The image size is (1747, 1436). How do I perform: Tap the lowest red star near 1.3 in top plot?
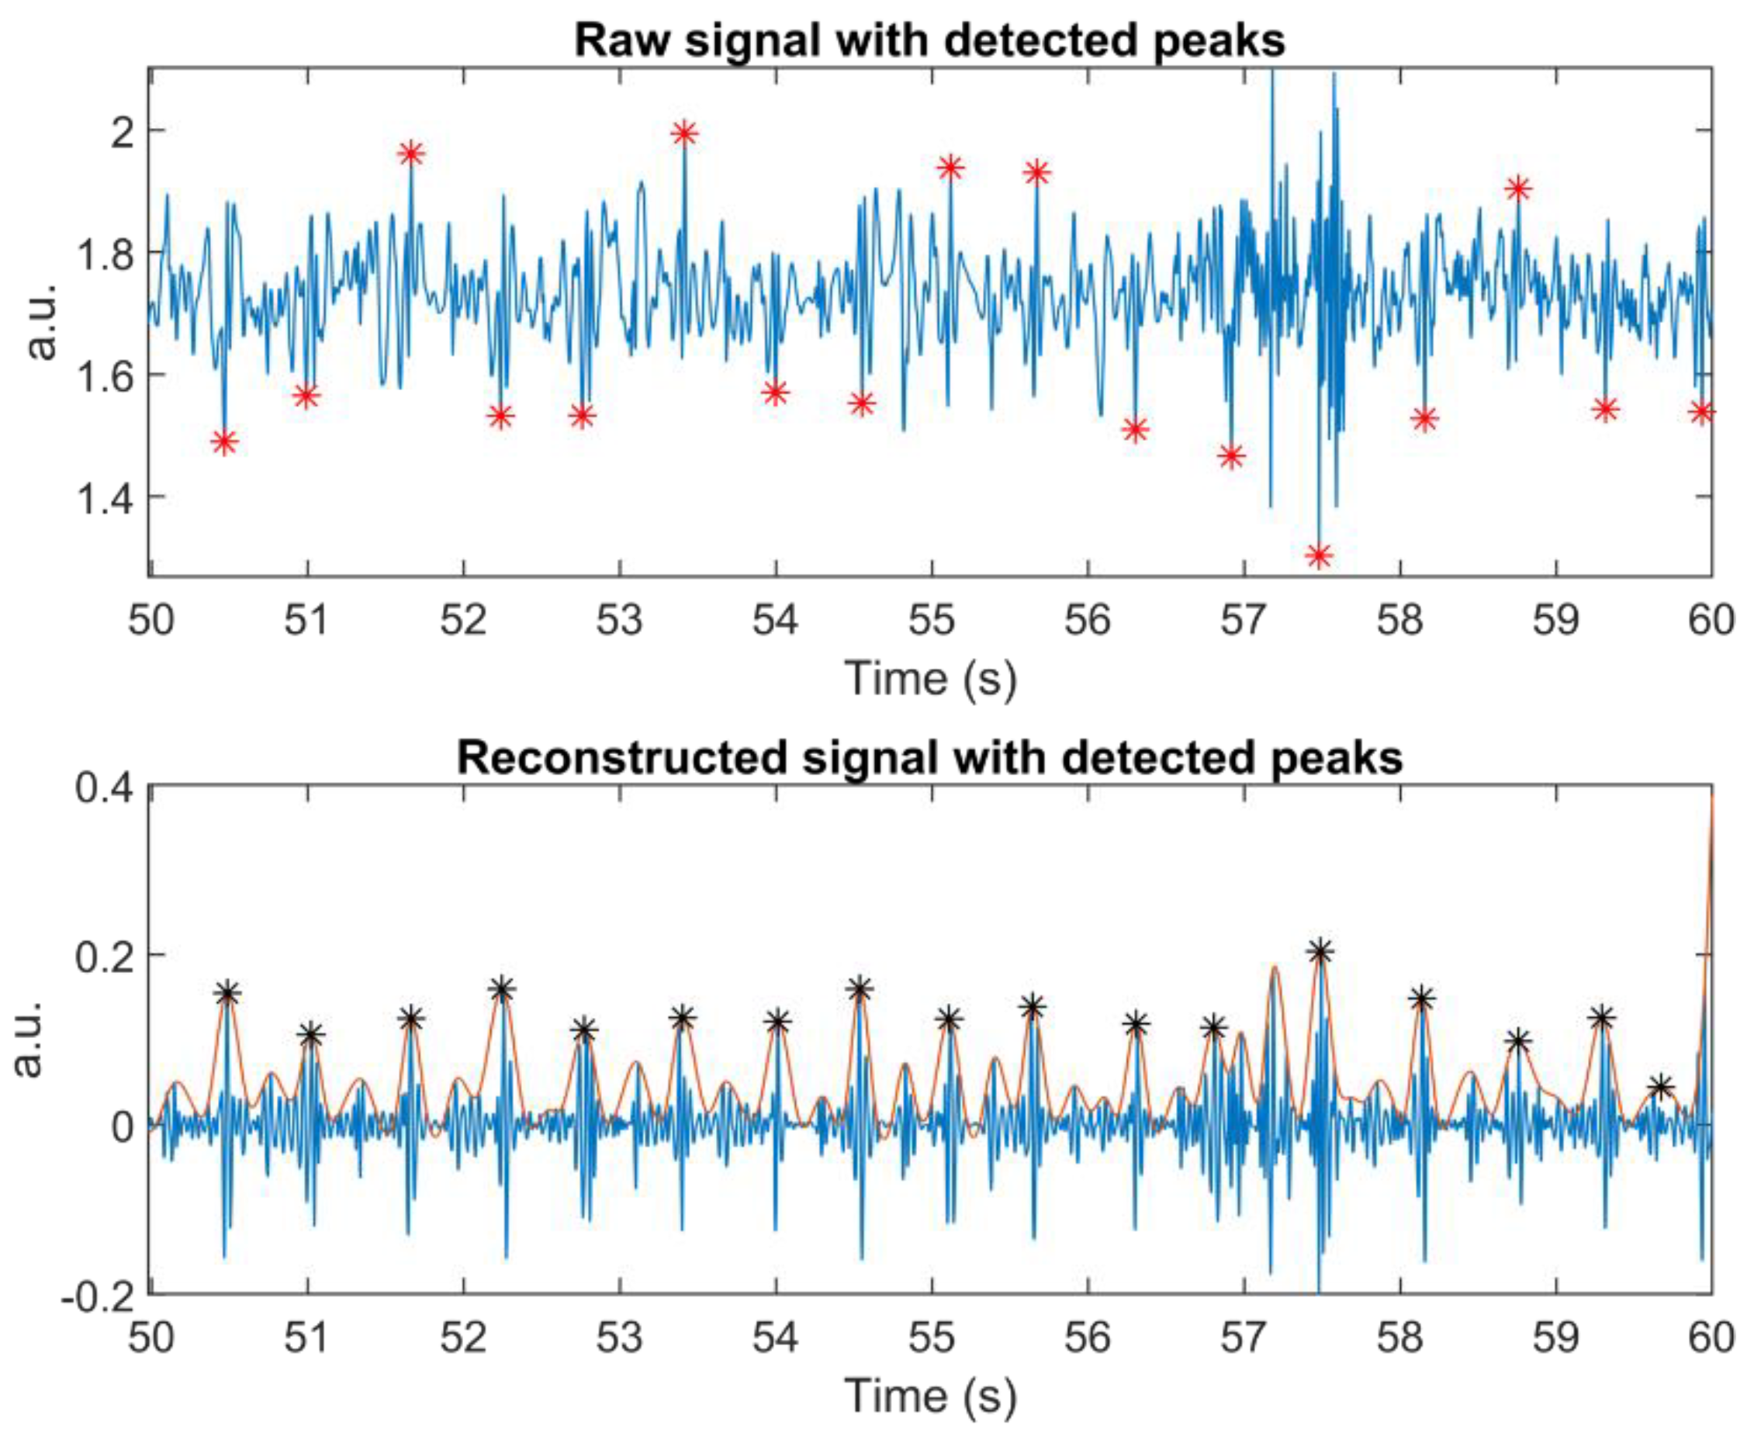coord(1319,555)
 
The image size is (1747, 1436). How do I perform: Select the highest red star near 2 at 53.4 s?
coord(684,133)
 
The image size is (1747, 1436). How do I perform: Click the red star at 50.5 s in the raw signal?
coord(224,441)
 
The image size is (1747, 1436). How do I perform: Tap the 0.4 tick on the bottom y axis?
coord(104,787)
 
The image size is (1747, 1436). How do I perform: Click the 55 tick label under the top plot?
coord(932,621)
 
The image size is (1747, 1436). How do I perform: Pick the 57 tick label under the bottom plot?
coord(1244,1337)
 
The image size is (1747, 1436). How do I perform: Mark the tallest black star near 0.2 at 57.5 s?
coord(1320,952)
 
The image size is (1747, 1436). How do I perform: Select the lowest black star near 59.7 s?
coord(1660,1087)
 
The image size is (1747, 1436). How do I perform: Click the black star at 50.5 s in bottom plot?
coord(228,994)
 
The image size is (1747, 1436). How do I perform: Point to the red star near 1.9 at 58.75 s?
coord(1518,189)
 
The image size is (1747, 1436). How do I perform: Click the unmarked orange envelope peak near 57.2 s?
coord(1275,967)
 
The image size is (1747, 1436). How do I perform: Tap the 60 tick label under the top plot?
coord(1711,621)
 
